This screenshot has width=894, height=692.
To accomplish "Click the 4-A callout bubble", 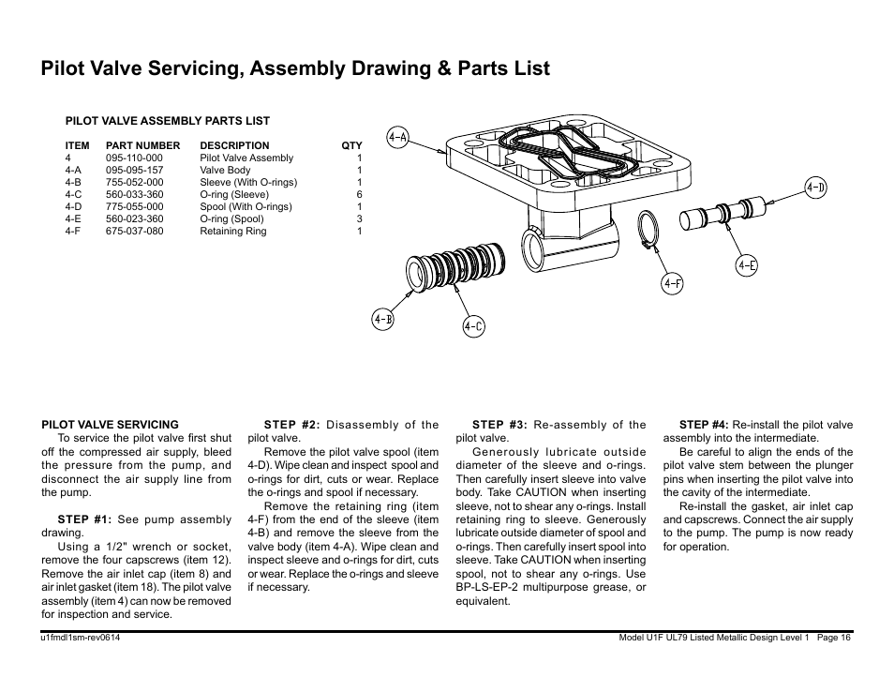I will tap(398, 138).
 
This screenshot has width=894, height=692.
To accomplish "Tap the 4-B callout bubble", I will tap(382, 320).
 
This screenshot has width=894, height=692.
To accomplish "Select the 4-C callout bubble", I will tap(473, 326).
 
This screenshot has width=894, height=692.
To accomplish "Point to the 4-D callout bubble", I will tap(816, 188).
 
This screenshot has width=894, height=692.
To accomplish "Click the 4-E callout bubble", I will tap(746, 265).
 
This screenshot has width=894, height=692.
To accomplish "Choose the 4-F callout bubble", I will tap(673, 283).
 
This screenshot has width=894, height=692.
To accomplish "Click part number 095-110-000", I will tap(134, 158).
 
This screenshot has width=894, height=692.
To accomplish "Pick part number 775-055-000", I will tap(134, 207).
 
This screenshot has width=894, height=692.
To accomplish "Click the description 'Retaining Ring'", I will tap(232, 232).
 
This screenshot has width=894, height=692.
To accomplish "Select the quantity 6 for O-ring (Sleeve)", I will tap(359, 195).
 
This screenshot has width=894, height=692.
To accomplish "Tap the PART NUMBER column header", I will tap(142, 146).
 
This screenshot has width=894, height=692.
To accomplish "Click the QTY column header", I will tap(351, 146).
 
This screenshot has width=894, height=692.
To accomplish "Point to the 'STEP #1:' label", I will tap(84, 519).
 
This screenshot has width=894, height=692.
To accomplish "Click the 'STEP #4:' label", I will tap(703, 425).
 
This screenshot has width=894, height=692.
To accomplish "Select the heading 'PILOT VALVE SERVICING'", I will tap(110, 425).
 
